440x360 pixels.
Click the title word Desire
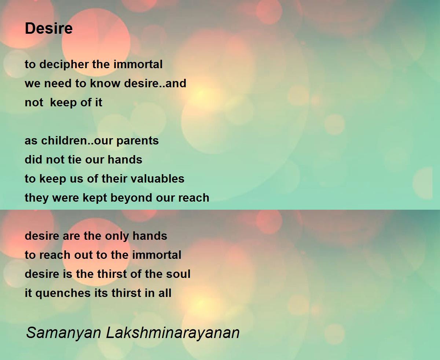pyautogui.click(x=49, y=29)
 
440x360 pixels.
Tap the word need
pyautogui.click(x=56, y=84)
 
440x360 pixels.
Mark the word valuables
pyautogui.click(x=161, y=179)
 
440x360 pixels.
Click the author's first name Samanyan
pyautogui.click(x=63, y=333)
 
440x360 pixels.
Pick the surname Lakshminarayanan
pyautogui.click(x=173, y=333)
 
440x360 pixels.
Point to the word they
pyautogui.click(x=36, y=198)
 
